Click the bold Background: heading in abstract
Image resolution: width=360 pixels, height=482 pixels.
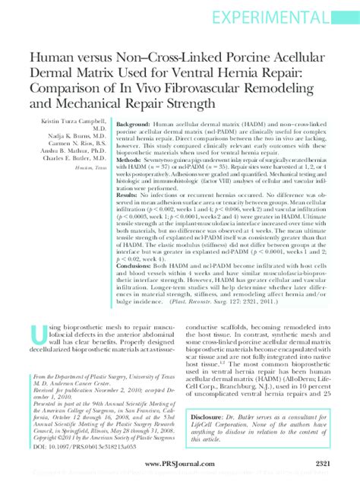pos(134,122)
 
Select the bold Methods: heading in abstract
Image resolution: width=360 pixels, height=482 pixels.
pos(129,162)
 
